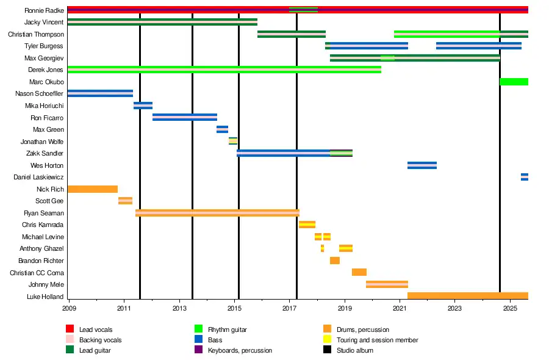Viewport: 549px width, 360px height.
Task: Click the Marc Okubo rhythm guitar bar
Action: pos(514,82)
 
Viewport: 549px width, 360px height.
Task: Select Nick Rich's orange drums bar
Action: pos(92,189)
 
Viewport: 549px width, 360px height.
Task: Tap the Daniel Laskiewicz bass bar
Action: pos(524,177)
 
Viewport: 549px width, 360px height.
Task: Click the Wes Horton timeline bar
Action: pos(422,165)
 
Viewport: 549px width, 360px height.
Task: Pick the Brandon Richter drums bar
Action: pos(334,261)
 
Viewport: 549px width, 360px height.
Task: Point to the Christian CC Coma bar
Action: pos(359,272)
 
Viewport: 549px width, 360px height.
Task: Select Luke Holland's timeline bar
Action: pos(467,296)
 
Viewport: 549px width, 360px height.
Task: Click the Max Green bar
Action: pos(222,129)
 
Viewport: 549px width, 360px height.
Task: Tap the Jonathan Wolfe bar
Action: pos(232,141)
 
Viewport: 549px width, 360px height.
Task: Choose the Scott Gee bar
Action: pos(125,201)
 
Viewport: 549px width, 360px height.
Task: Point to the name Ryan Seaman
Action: pos(44,214)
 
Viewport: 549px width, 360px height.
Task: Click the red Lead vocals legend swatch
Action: pos(70,329)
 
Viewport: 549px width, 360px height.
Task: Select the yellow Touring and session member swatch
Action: pos(327,340)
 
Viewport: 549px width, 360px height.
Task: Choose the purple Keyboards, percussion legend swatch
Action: pos(198,350)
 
